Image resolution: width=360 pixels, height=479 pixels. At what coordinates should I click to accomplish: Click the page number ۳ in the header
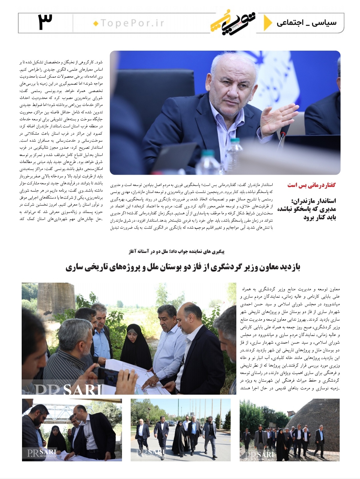pos(45,22)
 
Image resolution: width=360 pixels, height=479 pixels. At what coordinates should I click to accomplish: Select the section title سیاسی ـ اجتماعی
pos(306,23)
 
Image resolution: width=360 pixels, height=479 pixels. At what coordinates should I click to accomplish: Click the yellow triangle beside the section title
pos(267,22)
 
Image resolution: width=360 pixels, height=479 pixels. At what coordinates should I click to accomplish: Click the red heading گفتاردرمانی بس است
pos(311,185)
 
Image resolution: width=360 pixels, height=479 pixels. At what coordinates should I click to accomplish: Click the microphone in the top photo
pos(282,136)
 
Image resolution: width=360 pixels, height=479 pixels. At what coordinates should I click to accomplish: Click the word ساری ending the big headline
pos(74,267)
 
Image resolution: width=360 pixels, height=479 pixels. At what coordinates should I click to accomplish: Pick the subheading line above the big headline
pos(176,252)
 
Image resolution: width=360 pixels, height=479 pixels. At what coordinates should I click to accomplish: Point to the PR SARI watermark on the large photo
pos(63,388)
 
